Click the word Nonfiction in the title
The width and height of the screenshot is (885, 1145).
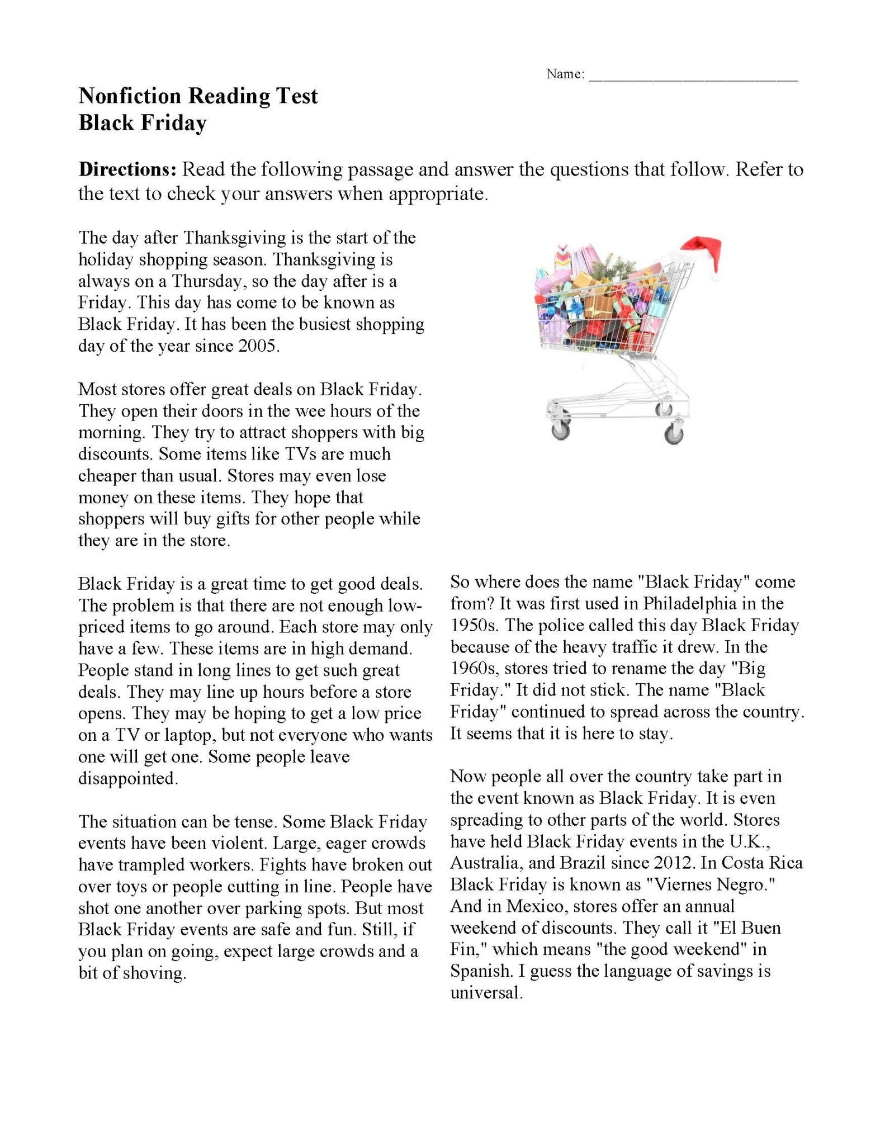(130, 96)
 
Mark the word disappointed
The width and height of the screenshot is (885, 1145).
(128, 779)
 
